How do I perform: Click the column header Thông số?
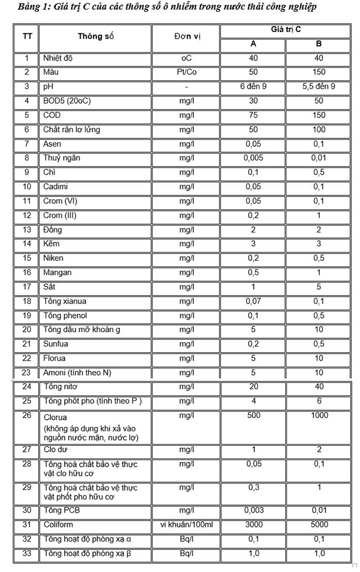tap(95, 37)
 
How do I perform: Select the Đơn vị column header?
tap(187, 37)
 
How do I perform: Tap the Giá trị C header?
tap(286, 29)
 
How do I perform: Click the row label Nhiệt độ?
tap(60, 58)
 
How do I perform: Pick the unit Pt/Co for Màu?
tap(187, 72)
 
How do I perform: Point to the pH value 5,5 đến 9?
tap(318, 86)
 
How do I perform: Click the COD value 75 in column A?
tap(253, 115)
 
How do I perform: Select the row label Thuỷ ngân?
tap(61, 158)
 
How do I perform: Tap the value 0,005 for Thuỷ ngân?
tap(253, 158)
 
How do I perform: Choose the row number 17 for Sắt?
tap(27, 287)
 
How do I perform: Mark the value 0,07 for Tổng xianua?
tap(253, 302)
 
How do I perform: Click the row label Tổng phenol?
tap(65, 316)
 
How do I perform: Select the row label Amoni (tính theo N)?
tap(77, 373)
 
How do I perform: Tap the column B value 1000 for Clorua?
tap(318, 415)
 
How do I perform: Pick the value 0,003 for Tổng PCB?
tap(253, 511)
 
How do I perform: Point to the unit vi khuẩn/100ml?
tap(187, 524)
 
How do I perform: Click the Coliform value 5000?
tap(318, 524)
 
